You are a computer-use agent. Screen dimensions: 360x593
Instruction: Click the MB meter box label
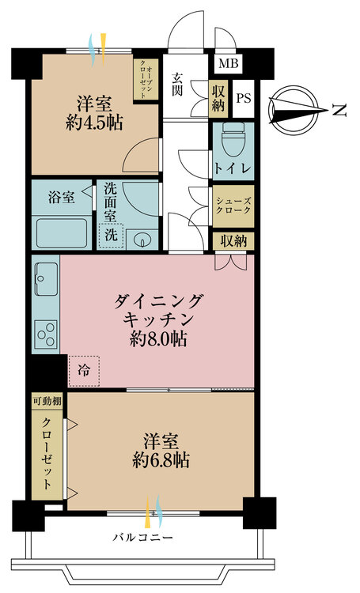click(x=229, y=62)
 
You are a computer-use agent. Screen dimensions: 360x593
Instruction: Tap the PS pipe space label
click(x=244, y=98)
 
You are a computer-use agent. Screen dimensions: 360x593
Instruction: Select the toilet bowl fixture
click(x=233, y=139)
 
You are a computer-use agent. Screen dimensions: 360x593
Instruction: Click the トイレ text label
click(x=233, y=167)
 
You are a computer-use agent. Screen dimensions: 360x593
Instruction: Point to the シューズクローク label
click(x=233, y=206)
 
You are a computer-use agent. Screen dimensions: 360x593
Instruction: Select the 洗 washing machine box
click(x=111, y=236)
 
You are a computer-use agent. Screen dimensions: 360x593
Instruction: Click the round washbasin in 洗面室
click(x=142, y=240)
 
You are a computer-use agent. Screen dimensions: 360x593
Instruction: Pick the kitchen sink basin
click(x=46, y=279)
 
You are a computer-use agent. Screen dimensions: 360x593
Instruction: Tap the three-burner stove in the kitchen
click(x=46, y=334)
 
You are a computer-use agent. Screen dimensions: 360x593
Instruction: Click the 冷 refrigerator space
click(x=84, y=371)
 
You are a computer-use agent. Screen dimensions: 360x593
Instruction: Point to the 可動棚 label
click(x=47, y=402)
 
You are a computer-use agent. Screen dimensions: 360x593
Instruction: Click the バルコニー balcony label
click(x=143, y=538)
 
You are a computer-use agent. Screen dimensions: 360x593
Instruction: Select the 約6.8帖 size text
click(x=161, y=460)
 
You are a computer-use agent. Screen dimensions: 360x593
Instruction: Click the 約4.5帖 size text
click(x=94, y=123)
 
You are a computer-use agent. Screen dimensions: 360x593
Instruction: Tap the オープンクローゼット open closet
click(x=146, y=79)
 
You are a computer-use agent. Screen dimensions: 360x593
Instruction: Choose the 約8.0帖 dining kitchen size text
click(x=158, y=339)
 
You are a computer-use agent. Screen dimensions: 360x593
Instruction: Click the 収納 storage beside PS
click(x=218, y=98)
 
